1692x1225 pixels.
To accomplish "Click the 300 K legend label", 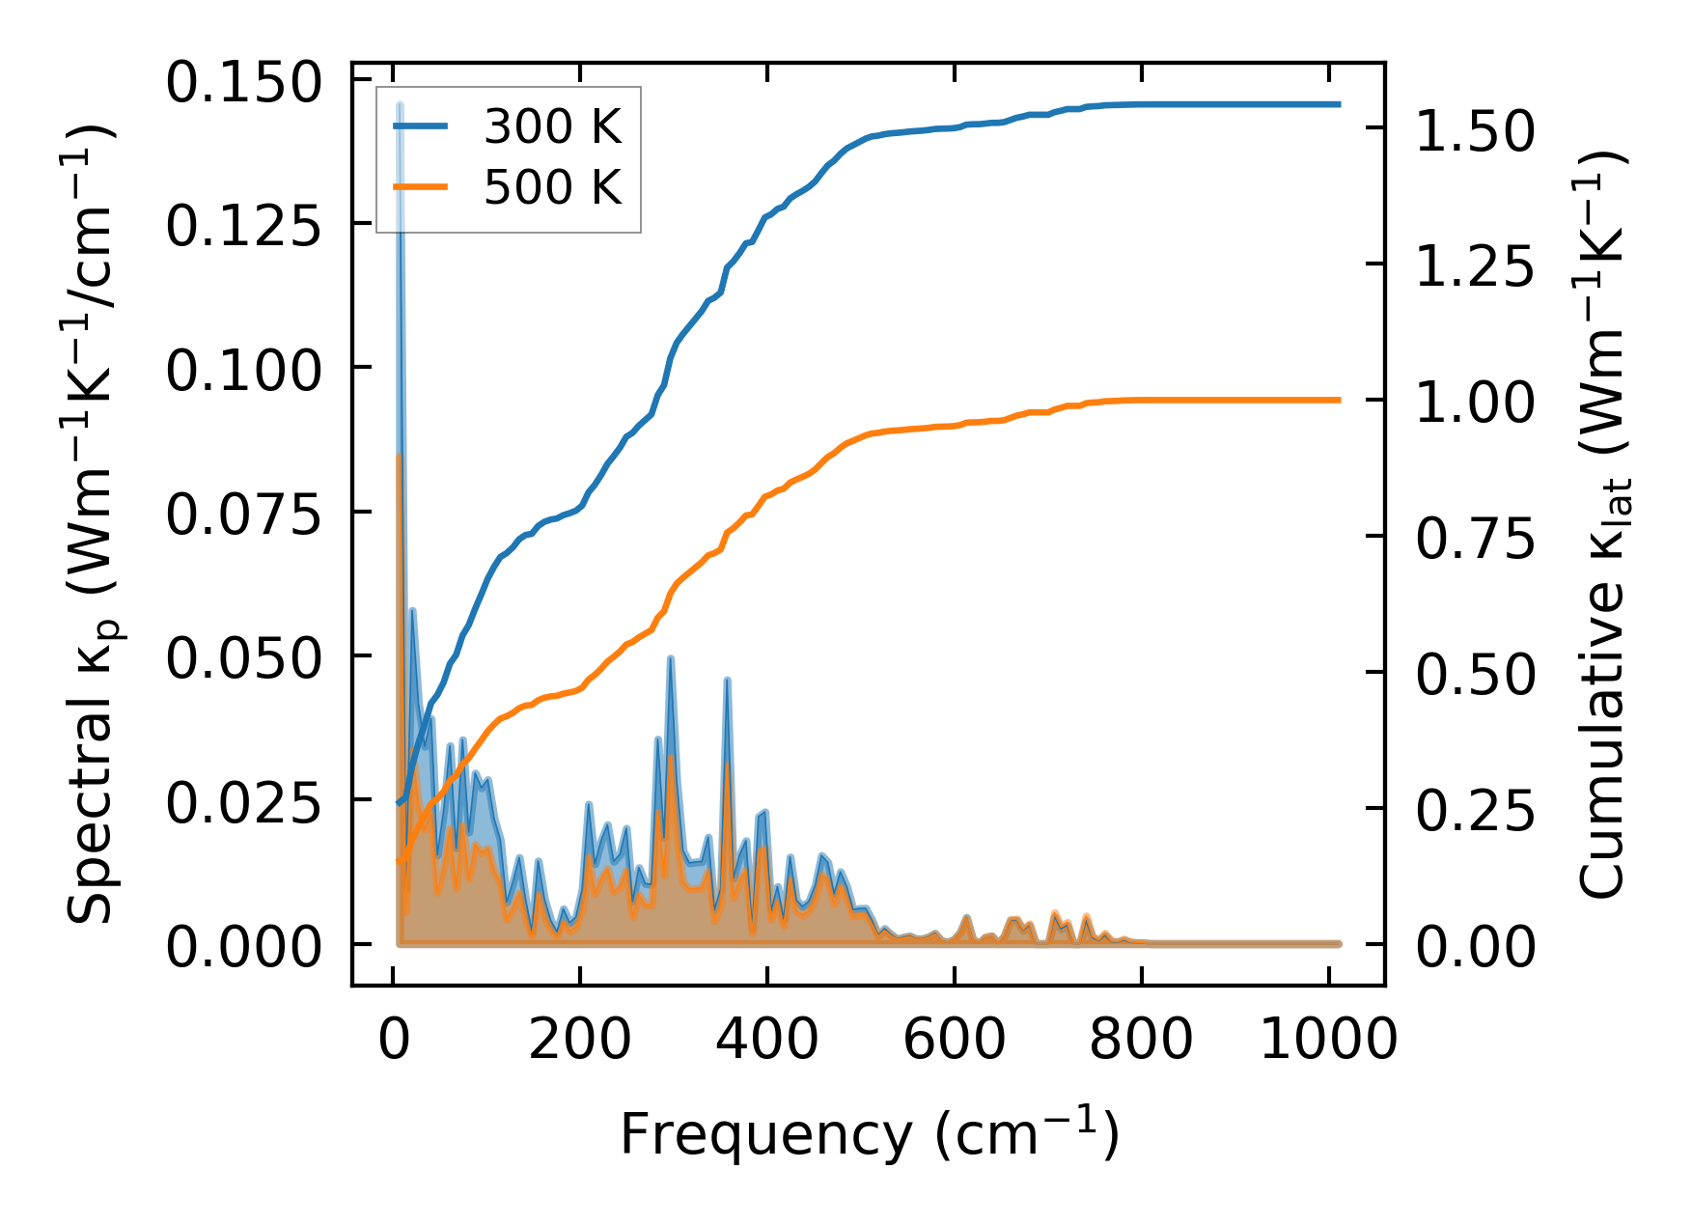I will pos(552,126).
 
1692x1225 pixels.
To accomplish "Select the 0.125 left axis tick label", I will pos(242,227).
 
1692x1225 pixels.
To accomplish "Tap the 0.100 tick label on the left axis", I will pos(242,371).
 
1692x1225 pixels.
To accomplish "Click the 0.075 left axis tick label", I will pos(242,515).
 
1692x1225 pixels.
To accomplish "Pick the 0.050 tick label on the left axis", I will pos(242,658).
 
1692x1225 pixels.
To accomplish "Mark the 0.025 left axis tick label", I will pos(242,803).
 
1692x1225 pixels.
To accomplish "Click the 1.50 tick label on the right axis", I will pos(1474,131).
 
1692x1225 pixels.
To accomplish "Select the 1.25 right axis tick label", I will pos(1474,267).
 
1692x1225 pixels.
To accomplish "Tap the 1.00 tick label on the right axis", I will pos(1474,404).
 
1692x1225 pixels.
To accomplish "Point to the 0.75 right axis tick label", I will pos(1474,540).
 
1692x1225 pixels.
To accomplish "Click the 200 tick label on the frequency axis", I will pos(579,1041).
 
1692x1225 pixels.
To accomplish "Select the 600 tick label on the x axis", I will pos(954,1041).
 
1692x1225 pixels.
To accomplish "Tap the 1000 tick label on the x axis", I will pos(1328,1041).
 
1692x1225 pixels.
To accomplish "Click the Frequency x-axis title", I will pos(869,1133).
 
